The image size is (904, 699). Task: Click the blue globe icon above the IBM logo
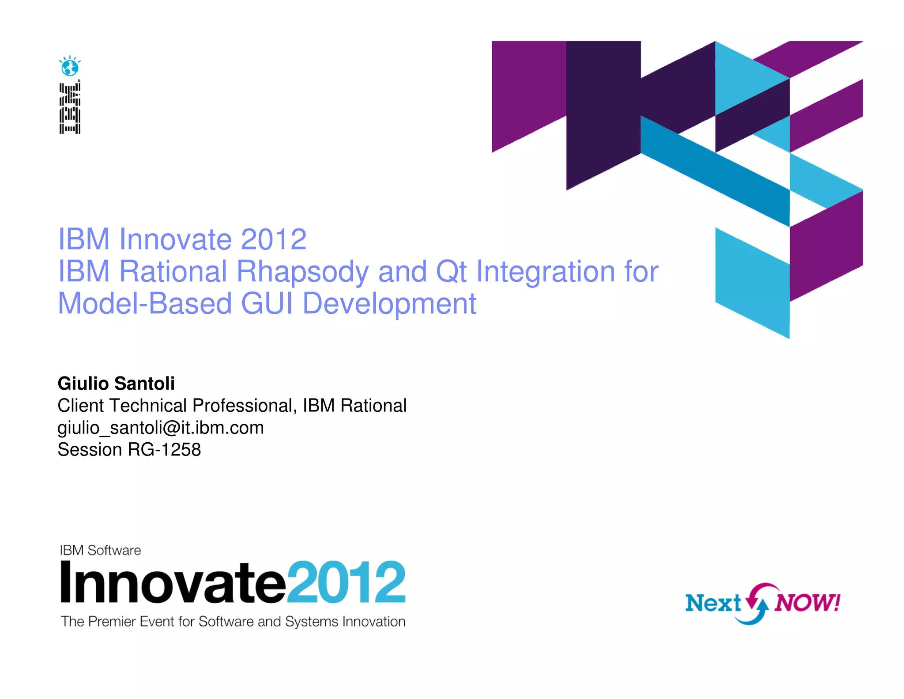(70, 67)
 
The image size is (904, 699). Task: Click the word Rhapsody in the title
(302, 271)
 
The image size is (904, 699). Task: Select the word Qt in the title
(451, 271)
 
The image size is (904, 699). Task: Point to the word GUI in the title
(267, 304)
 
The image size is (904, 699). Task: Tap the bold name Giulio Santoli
(116, 383)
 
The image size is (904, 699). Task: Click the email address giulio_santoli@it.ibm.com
(161, 427)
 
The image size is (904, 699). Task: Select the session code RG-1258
(164, 449)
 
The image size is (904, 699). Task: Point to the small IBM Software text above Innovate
(100, 550)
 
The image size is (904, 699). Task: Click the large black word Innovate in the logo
(173, 582)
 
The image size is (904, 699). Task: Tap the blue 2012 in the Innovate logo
(346, 582)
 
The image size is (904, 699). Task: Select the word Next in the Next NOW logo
(713, 603)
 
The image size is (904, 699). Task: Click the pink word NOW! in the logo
(807, 602)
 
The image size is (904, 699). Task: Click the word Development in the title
(389, 304)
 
